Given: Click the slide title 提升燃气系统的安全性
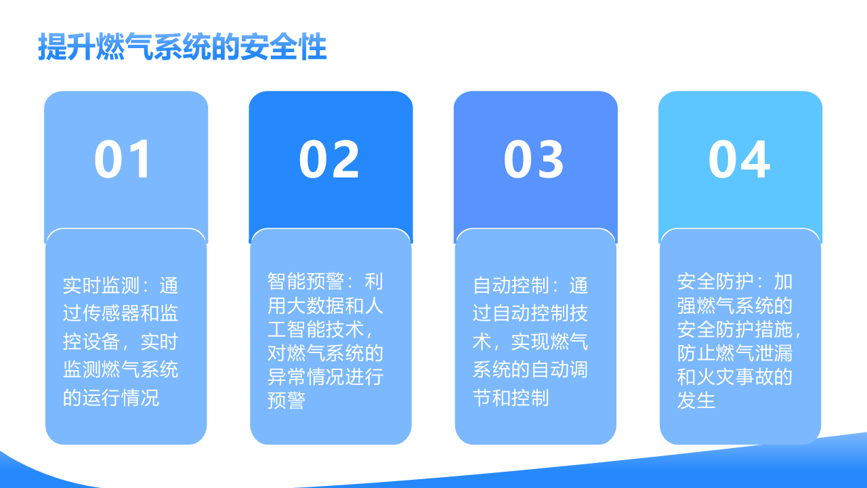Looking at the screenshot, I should click(x=182, y=47).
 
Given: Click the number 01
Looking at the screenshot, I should click(x=124, y=160).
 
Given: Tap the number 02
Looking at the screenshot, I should click(x=329, y=160).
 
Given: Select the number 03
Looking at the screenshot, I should click(x=534, y=160).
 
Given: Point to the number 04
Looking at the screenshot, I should click(x=739, y=160).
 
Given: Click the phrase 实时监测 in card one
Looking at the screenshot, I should click(x=101, y=285).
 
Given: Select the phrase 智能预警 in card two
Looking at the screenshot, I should click(x=305, y=281).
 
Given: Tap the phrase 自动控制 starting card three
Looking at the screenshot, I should click(x=511, y=285).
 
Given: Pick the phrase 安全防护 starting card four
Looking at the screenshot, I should click(x=715, y=281).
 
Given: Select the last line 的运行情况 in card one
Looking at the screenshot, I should click(x=111, y=397).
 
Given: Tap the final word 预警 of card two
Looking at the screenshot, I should click(x=287, y=400).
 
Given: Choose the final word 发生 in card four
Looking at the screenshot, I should click(x=696, y=400).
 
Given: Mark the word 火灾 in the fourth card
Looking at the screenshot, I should click(x=715, y=376).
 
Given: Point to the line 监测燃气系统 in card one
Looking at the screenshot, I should click(x=121, y=369).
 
